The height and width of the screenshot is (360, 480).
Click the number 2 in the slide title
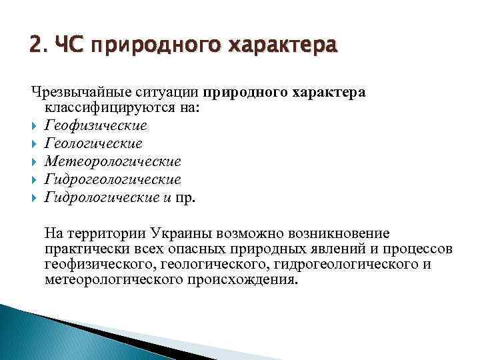tap(35, 47)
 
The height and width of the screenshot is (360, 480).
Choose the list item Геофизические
tap(95, 125)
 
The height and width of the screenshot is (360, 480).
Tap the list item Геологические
tap(93, 143)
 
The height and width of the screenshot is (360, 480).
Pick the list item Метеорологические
tap(113, 161)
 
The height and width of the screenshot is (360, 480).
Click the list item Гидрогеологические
tap(113, 179)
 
